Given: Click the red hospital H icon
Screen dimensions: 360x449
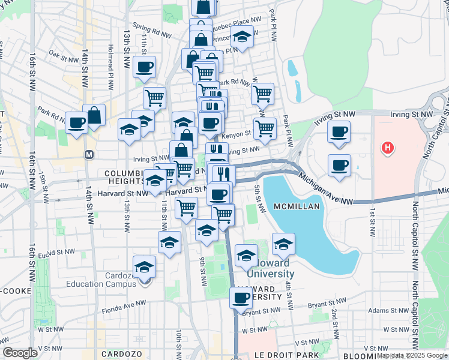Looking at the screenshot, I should click(x=388, y=146).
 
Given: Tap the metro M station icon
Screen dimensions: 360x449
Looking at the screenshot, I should click(x=89, y=154).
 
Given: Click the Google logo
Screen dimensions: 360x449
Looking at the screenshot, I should click(x=20, y=353).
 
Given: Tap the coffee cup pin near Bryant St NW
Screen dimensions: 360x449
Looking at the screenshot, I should click(x=241, y=298).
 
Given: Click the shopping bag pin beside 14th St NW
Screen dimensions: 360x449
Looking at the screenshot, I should click(x=94, y=115).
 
